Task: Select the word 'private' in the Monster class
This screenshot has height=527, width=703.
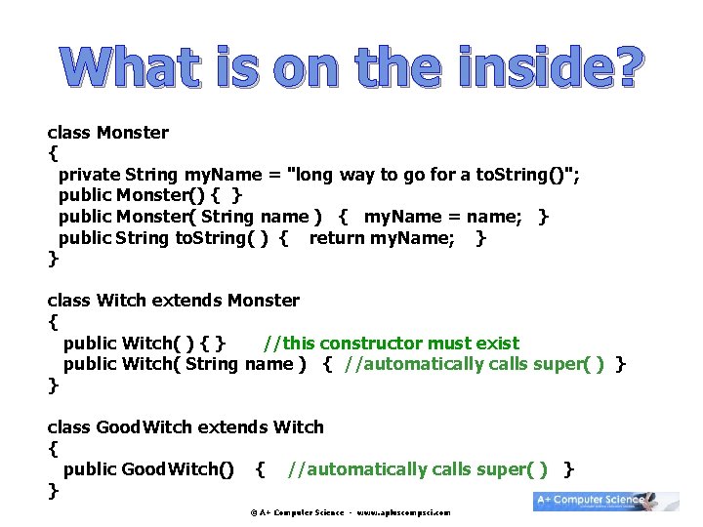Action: click(x=90, y=175)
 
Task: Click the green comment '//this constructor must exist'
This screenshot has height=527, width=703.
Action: click(x=392, y=344)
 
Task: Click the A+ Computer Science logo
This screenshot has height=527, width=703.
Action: click(x=605, y=501)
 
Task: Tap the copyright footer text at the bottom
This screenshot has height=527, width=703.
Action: click(x=350, y=512)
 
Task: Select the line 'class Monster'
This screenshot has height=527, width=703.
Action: click(x=107, y=133)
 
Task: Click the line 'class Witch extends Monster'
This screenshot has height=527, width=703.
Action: click(x=173, y=301)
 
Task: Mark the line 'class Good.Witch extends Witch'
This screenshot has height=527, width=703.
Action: click(x=186, y=427)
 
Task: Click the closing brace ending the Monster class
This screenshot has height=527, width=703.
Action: click(x=53, y=259)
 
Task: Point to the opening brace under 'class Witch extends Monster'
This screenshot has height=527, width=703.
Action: click(x=53, y=321)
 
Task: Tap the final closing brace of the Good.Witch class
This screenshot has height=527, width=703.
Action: click(x=53, y=490)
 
